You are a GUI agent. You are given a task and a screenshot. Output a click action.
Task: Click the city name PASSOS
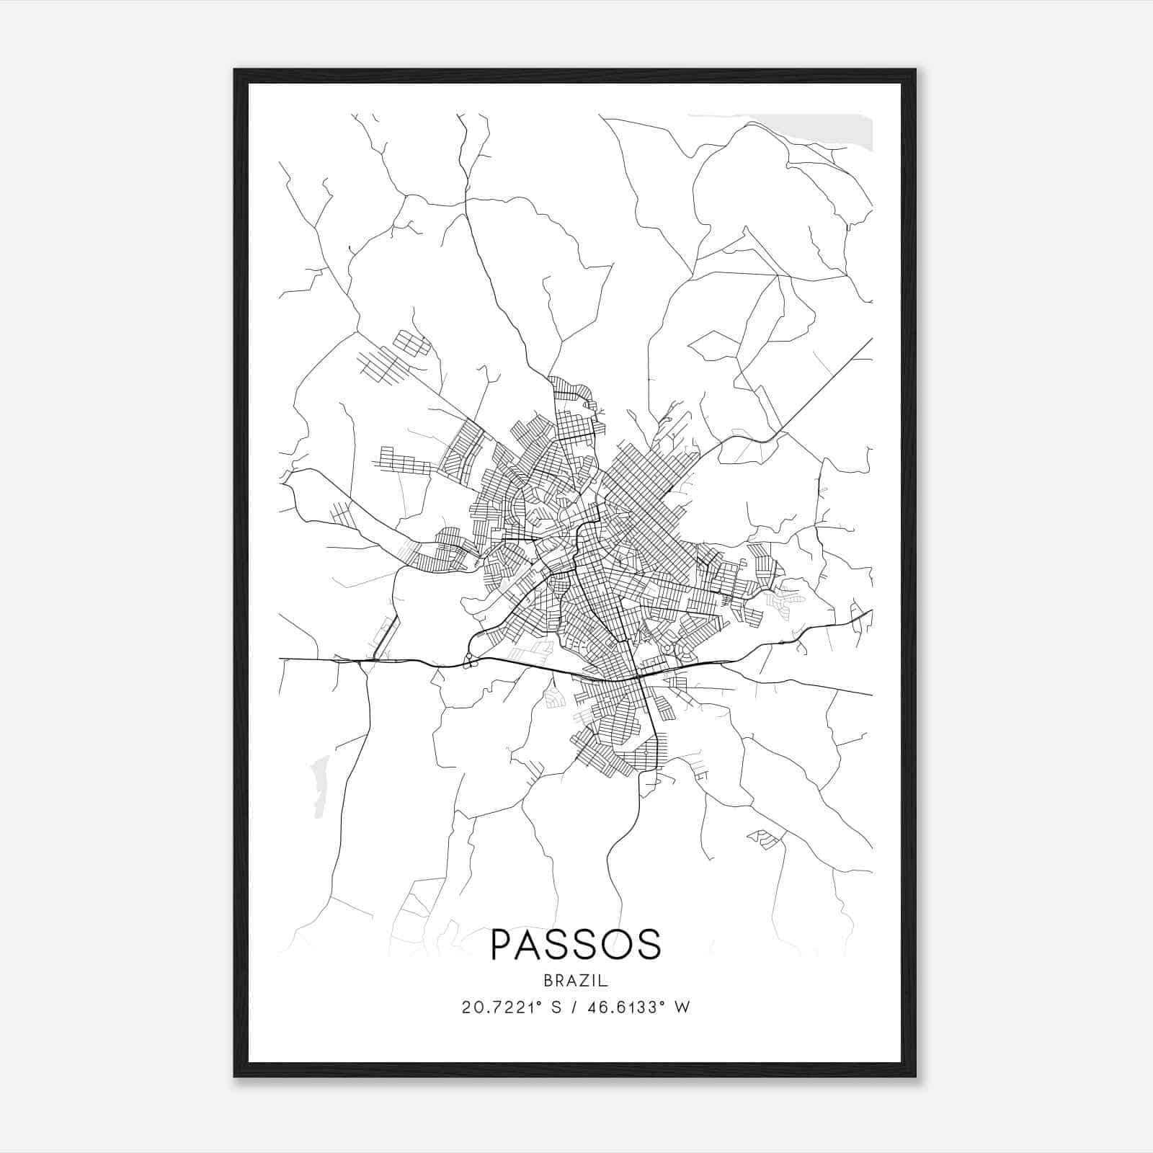[x=576, y=945]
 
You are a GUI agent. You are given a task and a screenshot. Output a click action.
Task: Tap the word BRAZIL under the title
[x=576, y=981]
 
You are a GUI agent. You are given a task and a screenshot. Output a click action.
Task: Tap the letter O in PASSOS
[x=614, y=945]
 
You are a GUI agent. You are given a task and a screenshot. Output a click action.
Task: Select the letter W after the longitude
[x=682, y=1007]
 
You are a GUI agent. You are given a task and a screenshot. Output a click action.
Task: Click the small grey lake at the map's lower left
[x=318, y=785]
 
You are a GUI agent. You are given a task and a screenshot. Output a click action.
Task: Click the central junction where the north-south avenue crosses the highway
[x=638, y=678]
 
